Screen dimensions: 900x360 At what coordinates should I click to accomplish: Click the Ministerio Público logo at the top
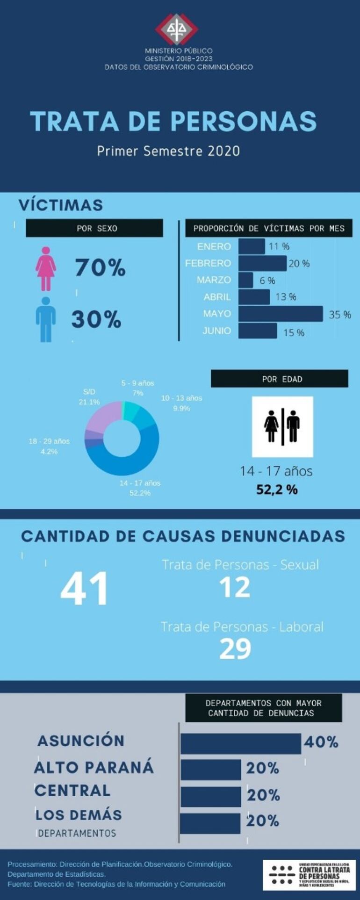point(176,29)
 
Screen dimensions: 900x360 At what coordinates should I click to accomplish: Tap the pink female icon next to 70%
point(46,268)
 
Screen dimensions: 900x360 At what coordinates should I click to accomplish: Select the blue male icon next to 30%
point(46,319)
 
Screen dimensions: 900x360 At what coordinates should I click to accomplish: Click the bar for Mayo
point(281,314)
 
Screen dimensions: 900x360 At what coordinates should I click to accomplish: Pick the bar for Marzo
point(245,280)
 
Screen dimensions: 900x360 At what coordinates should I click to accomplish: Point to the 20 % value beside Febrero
point(299,264)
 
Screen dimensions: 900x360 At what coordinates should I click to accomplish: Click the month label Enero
point(214,246)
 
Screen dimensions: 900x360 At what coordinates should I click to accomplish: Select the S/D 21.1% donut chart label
point(89,397)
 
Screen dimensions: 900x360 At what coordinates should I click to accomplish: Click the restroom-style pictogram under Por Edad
point(282,426)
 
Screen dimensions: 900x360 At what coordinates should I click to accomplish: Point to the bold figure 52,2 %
point(277,490)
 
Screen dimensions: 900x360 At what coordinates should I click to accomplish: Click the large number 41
point(85,589)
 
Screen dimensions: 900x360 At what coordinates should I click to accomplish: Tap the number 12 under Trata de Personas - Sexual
point(235,588)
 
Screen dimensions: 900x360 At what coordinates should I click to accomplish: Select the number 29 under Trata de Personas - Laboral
point(235,649)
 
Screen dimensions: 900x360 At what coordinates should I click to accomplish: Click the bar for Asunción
point(241,743)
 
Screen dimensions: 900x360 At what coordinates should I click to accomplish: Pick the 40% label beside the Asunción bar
point(321,742)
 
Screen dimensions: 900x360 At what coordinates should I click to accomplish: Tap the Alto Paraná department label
point(94,767)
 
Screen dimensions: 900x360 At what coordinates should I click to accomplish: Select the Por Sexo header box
point(94,228)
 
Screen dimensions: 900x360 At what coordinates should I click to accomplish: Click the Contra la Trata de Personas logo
point(309,875)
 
